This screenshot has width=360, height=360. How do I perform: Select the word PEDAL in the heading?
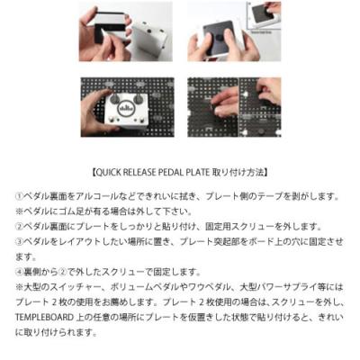coord(175,170)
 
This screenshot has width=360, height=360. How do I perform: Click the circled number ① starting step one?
coord(21,195)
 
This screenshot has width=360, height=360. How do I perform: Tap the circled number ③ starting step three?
coord(21,241)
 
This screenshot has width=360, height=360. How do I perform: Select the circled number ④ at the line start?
coord(21,272)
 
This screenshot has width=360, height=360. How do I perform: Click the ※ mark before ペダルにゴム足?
coord(21,211)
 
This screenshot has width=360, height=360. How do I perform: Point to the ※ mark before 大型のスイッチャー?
coord(21,287)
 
